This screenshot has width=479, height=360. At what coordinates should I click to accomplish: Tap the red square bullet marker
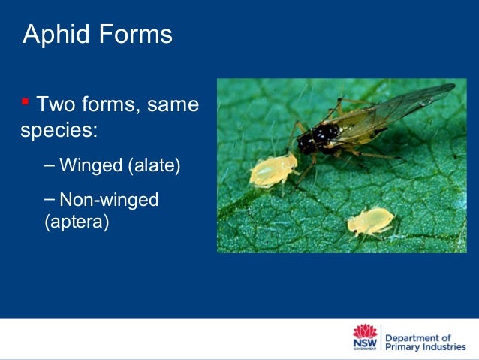pyautogui.click(x=26, y=101)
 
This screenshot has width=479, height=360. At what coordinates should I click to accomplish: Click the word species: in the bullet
pyautogui.click(x=59, y=130)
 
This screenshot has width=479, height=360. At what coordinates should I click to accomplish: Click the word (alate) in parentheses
pyautogui.click(x=155, y=165)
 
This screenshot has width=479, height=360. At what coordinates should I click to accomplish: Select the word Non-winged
pyautogui.click(x=109, y=200)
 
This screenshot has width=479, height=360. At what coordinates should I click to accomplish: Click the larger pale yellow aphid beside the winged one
pyautogui.click(x=272, y=171)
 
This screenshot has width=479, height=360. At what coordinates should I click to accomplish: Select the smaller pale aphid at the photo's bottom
pyautogui.click(x=370, y=221)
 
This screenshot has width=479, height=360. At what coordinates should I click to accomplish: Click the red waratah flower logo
pyautogui.click(x=364, y=331)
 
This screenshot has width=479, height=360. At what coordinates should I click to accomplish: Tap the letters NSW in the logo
pyautogui.click(x=364, y=343)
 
